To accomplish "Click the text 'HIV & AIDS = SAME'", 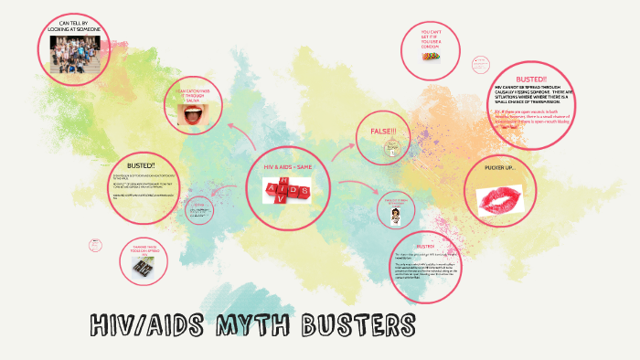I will coord(288,168).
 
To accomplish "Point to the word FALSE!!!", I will coord(383,132).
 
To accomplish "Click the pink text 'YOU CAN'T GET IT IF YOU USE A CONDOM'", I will coord(435,37).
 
